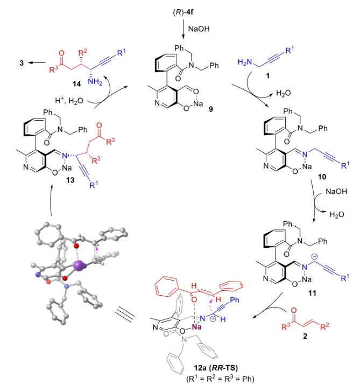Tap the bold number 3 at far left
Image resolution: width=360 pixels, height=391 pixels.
click(x=21, y=63)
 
